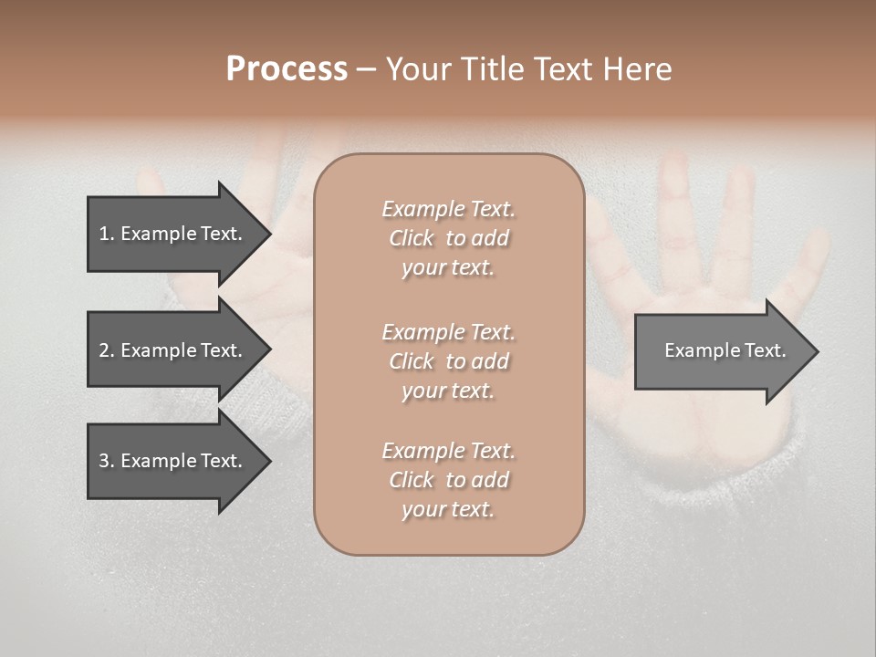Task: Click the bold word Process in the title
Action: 287,69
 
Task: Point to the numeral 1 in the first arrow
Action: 104,234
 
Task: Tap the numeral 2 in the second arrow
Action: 104,350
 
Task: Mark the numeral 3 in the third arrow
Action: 104,461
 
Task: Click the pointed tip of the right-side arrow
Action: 814,351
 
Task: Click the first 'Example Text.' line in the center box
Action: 448,209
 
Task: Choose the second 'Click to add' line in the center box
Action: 448,361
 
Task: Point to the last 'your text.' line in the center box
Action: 448,509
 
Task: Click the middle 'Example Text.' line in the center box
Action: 448,332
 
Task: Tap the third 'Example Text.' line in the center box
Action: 448,451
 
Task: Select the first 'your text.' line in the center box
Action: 448,267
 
